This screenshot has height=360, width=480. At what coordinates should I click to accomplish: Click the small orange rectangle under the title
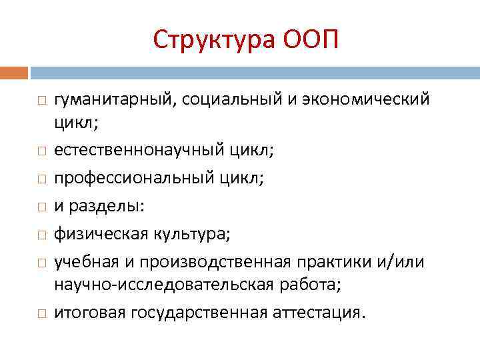coord(14,72)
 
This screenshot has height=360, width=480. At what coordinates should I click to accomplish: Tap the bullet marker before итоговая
coord(41,313)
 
